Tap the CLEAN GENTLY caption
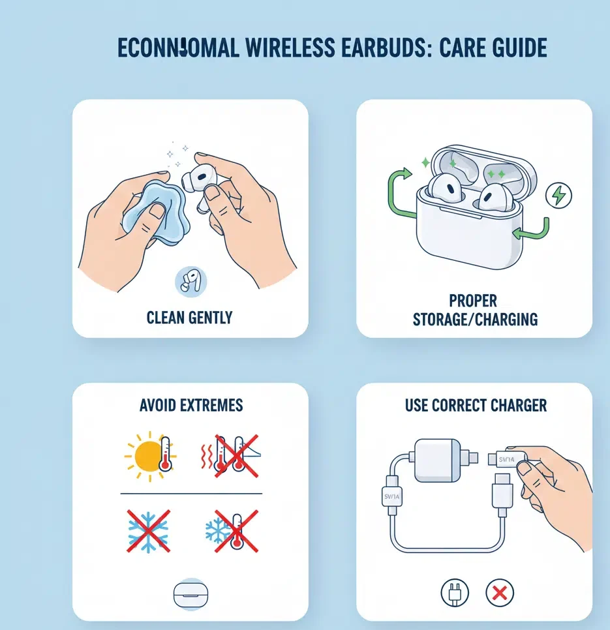click(189, 318)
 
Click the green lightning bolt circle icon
click(558, 194)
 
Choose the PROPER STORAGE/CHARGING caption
click(474, 310)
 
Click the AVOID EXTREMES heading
click(191, 405)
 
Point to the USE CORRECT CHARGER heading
click(476, 405)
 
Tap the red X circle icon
click(500, 593)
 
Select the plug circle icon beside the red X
click(455, 593)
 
